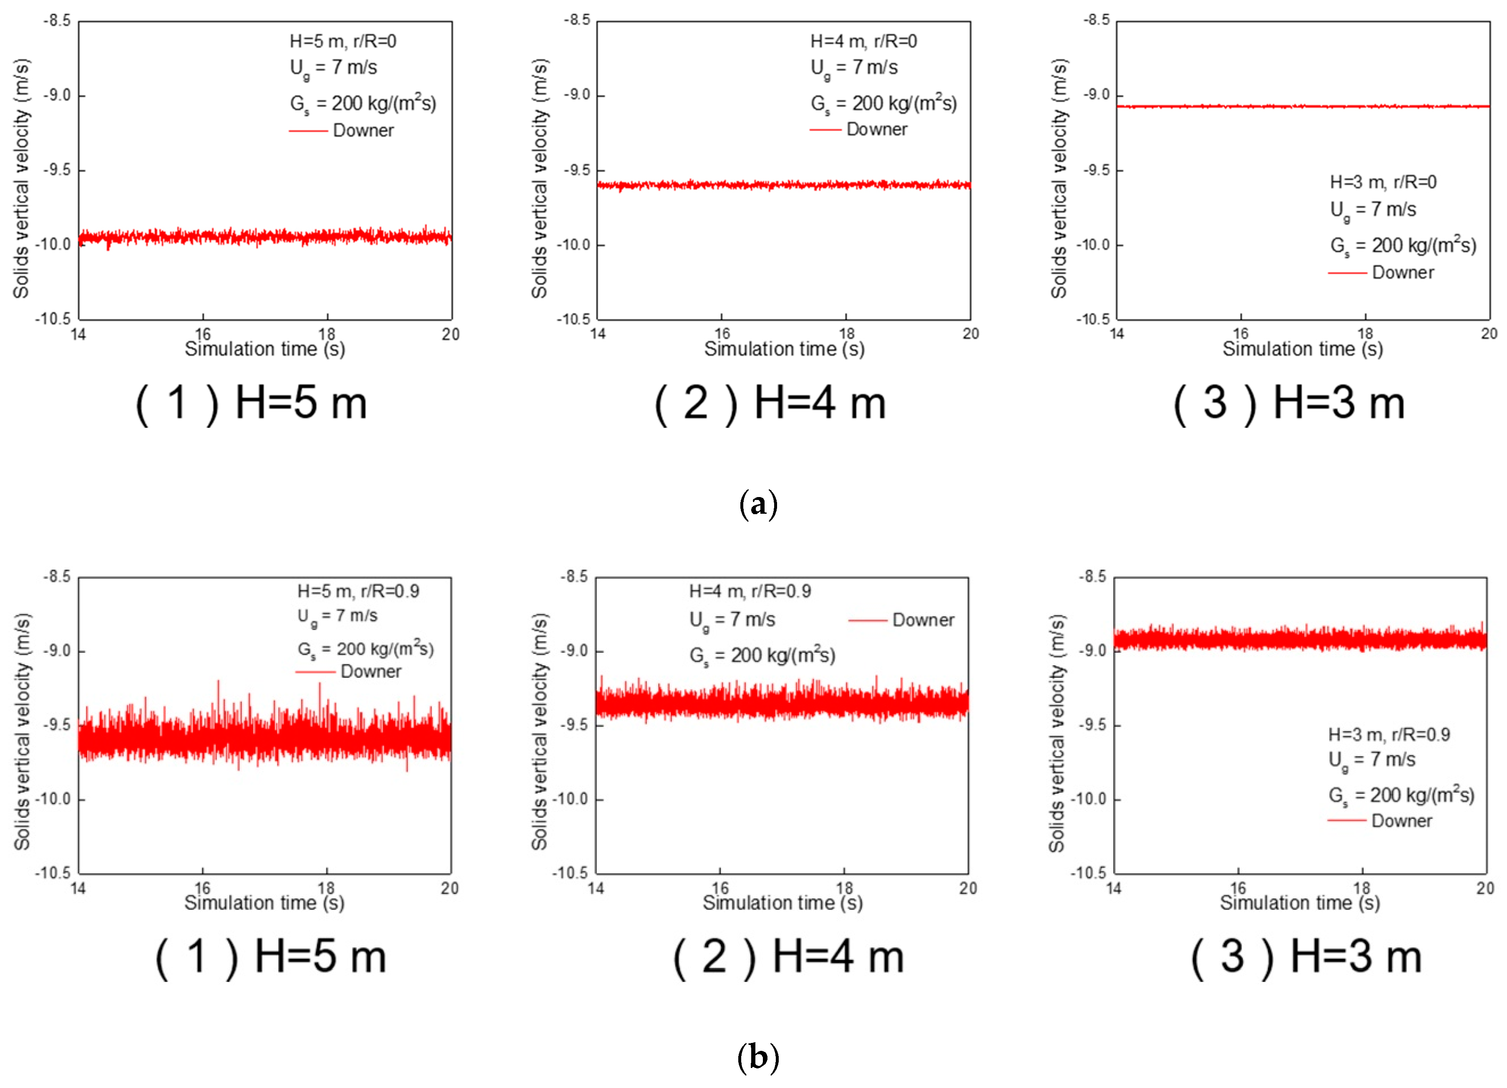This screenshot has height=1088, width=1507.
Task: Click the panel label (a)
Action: click(x=758, y=504)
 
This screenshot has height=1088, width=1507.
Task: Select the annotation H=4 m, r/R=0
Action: click(x=863, y=41)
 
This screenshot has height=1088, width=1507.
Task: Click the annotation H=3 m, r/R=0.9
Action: click(x=1389, y=735)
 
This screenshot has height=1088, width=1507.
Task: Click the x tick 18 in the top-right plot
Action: click(x=1365, y=333)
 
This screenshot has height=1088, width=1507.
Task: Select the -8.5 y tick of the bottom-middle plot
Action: click(x=574, y=577)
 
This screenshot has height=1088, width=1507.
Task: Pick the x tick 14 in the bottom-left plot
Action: click(x=78, y=889)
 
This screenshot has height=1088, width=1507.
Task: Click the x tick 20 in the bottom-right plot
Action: click(x=1485, y=889)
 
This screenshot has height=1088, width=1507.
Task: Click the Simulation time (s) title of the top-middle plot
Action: click(x=784, y=349)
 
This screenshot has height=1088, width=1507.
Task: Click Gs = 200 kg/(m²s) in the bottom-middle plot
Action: click(x=762, y=656)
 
